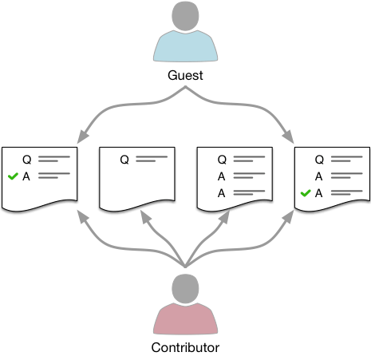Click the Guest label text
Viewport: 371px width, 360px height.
coord(185,75)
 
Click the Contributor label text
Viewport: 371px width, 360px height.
coord(185,347)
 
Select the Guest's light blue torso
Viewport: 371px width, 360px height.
coord(185,46)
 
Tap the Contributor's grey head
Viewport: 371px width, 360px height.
coord(185,289)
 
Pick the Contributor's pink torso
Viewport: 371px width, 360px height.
coord(185,318)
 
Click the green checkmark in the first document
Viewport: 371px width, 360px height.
coord(13,176)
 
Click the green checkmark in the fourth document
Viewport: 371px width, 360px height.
coord(306,193)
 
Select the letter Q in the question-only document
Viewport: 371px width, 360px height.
coord(124,160)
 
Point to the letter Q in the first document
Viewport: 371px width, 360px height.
coord(27,160)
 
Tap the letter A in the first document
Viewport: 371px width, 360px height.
coord(26,176)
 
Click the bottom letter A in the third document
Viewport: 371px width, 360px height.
coord(221,193)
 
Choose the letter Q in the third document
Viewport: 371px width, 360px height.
coord(222,160)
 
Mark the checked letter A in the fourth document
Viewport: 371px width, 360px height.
coord(319,193)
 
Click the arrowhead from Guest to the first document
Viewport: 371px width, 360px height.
coord(82,136)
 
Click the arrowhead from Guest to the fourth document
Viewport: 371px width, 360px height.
coord(289,136)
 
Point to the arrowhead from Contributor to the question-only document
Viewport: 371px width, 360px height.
coord(145,217)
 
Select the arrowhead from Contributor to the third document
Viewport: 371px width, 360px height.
coord(225,217)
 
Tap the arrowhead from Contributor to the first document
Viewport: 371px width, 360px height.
coord(82,217)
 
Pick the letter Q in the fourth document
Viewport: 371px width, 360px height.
coord(320,160)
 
